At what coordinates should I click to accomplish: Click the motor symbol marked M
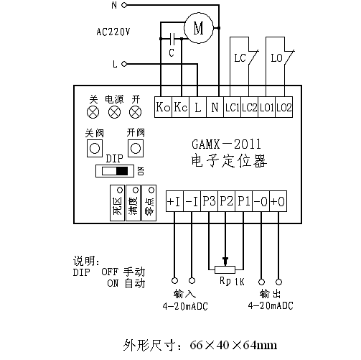point(198,28)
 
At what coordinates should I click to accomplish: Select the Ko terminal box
point(163,107)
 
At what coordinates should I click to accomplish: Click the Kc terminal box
point(181,107)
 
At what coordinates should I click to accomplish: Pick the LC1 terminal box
point(232,107)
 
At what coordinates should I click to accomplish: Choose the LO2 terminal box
point(284,107)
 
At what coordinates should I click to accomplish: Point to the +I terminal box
point(174,201)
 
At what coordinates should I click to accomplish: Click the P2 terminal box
point(226,201)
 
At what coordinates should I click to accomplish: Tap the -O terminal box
point(261,201)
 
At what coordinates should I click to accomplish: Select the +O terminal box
point(278,201)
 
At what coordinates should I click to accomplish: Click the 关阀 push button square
point(95,149)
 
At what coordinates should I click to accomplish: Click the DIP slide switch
point(115,171)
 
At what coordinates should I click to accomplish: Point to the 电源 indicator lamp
point(115,112)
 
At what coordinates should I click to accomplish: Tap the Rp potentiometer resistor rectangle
point(225,269)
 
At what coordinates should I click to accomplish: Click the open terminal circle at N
point(124,5)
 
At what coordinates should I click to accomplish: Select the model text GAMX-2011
point(226,144)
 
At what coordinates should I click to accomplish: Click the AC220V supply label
point(113,32)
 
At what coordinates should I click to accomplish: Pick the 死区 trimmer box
point(117,203)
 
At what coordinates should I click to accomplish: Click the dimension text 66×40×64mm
point(233,345)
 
